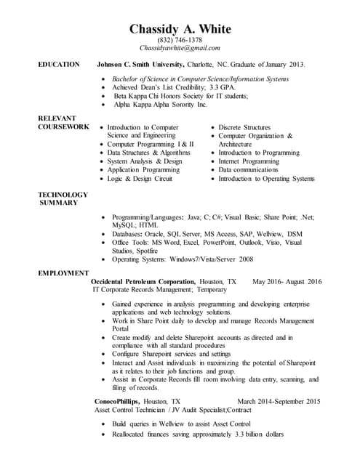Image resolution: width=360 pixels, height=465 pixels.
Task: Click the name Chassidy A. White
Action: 180,29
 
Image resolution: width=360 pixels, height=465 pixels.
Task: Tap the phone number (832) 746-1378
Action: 180,40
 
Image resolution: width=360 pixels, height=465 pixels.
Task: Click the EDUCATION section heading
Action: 59,65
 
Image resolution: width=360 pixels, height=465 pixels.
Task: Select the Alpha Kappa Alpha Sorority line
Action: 161,105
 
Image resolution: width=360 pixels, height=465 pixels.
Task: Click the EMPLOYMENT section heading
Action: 64,272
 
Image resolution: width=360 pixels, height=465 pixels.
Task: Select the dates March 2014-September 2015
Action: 279,401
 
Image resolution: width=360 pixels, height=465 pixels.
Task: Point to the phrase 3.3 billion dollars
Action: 259,434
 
